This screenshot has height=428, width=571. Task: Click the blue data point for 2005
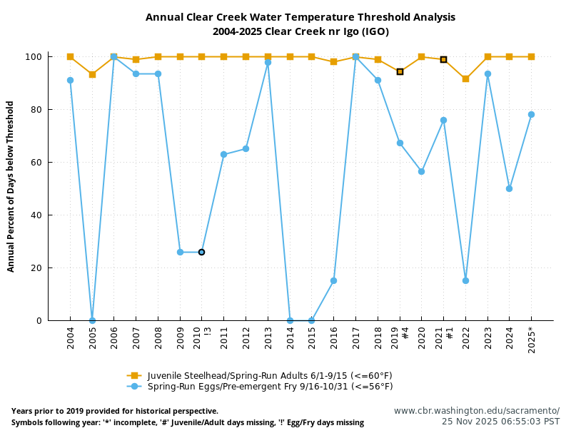tap(92, 320)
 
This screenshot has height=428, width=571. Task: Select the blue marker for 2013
tap(268, 62)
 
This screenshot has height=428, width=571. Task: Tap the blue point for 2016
tap(333, 280)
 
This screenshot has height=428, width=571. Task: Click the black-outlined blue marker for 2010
tap(201, 252)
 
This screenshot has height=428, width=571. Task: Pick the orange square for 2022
tap(465, 78)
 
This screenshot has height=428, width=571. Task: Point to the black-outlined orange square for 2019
tap(400, 71)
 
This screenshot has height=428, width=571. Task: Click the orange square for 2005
tap(92, 74)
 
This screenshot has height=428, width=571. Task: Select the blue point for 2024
tap(509, 188)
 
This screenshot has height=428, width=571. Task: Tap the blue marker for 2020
tap(421, 171)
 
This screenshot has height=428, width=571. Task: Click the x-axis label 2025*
tap(531, 340)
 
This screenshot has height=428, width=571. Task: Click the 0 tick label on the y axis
tap(40, 321)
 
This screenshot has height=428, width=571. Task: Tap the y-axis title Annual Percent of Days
tap(11, 186)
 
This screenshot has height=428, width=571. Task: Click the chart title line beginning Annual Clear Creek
tap(300, 17)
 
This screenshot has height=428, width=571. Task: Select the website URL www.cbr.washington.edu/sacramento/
tap(476, 411)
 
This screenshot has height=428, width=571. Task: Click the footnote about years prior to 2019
tap(115, 412)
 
